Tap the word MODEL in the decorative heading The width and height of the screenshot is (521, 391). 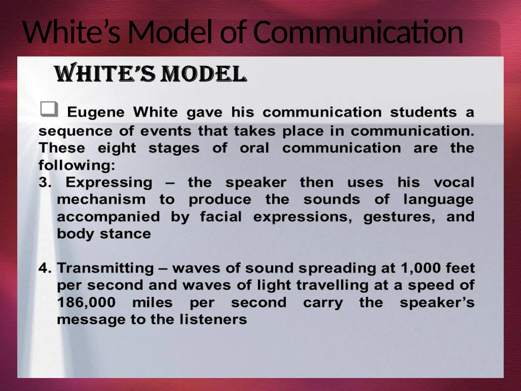point(204,74)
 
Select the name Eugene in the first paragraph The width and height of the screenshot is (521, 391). point(96,112)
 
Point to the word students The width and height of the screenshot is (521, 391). point(423,112)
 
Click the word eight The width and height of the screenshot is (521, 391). point(117,148)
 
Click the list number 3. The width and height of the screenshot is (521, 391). point(45,183)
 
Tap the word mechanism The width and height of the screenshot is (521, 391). point(101,199)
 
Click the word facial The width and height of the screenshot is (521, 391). point(221,217)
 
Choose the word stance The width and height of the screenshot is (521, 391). point(125,234)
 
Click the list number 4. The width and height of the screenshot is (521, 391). point(45,268)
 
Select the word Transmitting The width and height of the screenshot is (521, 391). point(105,268)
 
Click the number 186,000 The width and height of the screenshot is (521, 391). point(86,302)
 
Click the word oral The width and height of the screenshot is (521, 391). point(254,148)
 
